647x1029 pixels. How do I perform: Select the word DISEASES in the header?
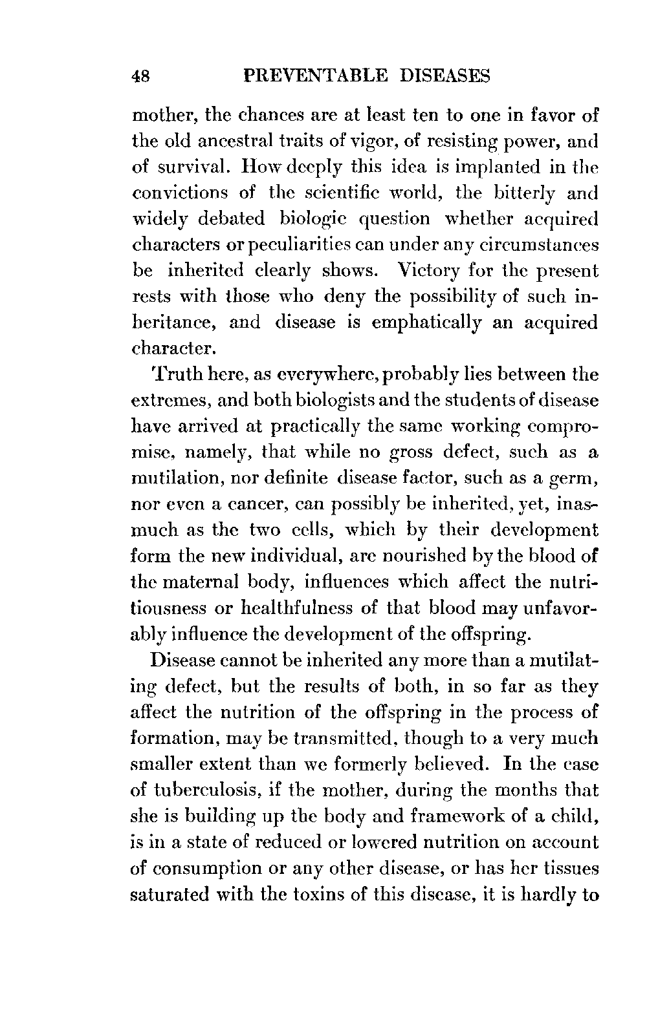pyautogui.click(x=446, y=76)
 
